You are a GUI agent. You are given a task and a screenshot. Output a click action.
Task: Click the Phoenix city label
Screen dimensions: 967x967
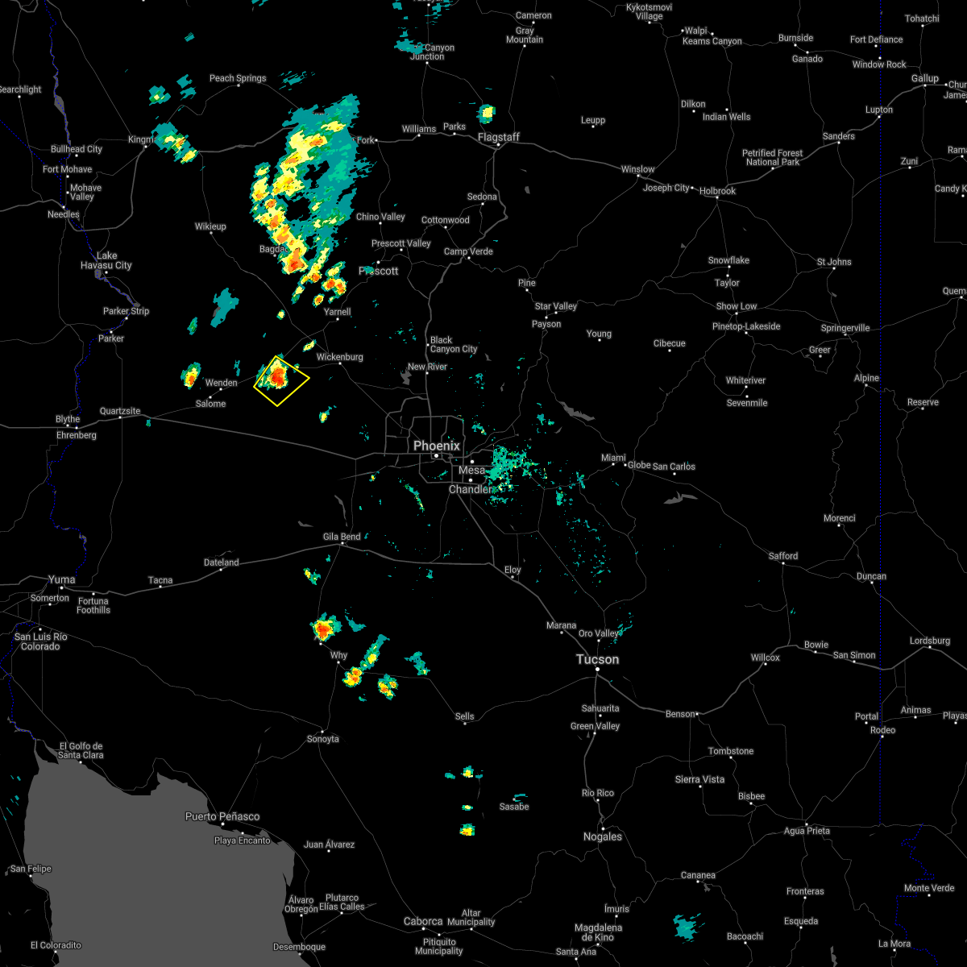(x=436, y=446)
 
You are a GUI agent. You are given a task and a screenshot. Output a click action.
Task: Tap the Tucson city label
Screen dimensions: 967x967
(x=597, y=659)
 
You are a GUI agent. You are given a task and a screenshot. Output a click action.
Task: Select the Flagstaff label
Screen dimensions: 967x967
(x=499, y=137)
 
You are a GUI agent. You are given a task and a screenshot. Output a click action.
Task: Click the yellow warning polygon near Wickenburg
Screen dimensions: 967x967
(x=281, y=380)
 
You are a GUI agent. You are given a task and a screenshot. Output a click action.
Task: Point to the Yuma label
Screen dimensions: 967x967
(x=62, y=579)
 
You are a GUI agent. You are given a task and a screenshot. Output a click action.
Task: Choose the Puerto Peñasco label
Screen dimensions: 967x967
(x=222, y=816)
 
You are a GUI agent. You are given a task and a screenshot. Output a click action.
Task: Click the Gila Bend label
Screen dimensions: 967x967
(x=342, y=537)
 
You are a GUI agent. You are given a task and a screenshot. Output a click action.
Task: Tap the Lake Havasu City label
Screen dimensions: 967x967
(x=106, y=260)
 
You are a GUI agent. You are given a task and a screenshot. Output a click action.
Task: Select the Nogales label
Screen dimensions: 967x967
(x=603, y=836)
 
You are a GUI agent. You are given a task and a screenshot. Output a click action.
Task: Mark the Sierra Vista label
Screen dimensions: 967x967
(x=700, y=779)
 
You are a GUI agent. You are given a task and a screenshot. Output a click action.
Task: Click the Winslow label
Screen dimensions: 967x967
(x=637, y=169)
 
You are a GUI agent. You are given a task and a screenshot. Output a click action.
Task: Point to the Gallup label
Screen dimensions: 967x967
(x=925, y=78)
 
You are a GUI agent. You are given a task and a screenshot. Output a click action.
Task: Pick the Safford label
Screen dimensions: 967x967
(x=782, y=556)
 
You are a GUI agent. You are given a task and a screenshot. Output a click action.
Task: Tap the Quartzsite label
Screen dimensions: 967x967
(x=120, y=411)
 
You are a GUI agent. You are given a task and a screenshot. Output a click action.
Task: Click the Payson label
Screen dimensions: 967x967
(x=546, y=324)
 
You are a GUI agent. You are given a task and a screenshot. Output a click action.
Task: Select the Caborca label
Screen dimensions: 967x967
(x=423, y=921)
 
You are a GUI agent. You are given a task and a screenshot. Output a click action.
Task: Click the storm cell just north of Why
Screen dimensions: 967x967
(x=325, y=628)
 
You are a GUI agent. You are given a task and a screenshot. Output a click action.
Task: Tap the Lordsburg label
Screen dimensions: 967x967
(x=930, y=641)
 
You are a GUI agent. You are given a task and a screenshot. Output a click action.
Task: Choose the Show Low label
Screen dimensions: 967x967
(x=736, y=306)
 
